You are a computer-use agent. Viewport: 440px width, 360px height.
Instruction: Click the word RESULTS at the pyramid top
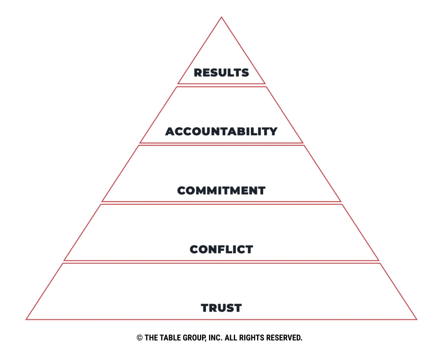point(221,73)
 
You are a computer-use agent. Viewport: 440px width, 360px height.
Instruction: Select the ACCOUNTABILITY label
point(221,131)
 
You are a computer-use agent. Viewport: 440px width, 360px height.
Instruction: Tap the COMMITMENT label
point(221,190)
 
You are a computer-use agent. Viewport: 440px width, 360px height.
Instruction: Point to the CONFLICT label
point(221,249)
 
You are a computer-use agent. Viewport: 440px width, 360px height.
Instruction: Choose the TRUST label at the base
point(221,308)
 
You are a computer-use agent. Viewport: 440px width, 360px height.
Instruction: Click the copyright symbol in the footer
point(139,338)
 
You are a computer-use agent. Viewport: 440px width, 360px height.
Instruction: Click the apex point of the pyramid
point(221,17)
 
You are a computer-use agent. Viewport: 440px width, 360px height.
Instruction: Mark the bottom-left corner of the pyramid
point(26,319)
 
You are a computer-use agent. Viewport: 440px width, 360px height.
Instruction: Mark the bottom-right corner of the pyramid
point(417,319)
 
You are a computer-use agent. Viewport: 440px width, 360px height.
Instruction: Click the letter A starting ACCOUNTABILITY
point(170,131)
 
